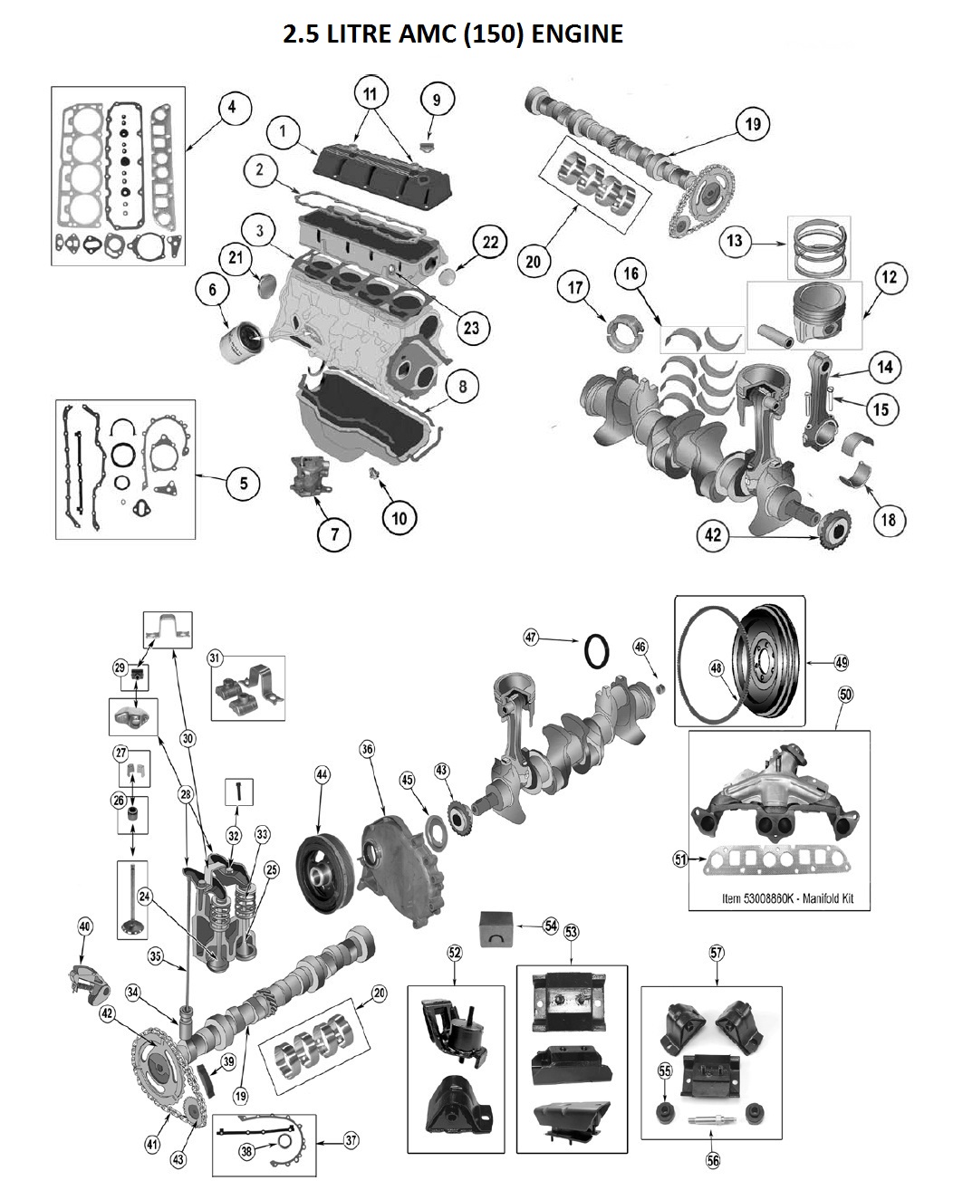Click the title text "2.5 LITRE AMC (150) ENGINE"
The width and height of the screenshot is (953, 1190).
click(x=453, y=34)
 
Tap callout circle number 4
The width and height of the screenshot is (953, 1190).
click(x=232, y=108)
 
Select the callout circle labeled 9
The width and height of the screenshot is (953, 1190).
click(x=436, y=99)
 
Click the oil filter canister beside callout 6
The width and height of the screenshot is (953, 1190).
click(x=242, y=341)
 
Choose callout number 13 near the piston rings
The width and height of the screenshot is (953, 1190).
click(x=734, y=241)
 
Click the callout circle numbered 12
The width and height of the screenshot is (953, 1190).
click(x=889, y=277)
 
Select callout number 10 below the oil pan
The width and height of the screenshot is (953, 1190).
click(x=399, y=517)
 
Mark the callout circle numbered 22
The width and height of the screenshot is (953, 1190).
click(x=489, y=243)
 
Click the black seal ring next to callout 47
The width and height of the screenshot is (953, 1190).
click(x=597, y=650)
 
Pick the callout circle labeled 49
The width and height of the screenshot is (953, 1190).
click(x=842, y=663)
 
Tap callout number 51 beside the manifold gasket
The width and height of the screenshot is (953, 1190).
click(x=681, y=859)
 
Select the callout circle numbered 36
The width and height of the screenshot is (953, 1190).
click(x=367, y=749)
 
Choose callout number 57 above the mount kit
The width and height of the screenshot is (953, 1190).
click(x=717, y=952)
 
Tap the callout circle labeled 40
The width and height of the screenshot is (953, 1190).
click(x=85, y=926)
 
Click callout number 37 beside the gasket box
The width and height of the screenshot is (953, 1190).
click(x=351, y=1139)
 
